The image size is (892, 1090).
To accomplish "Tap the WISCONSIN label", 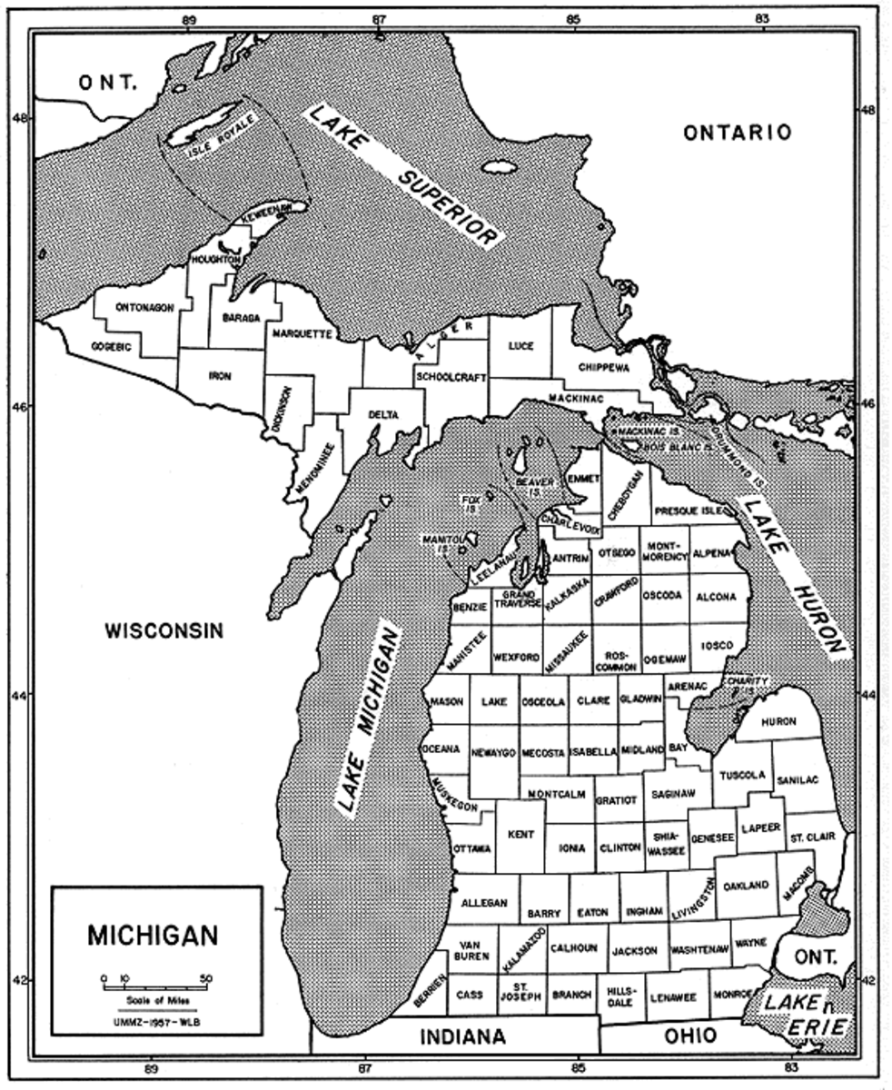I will (163, 629).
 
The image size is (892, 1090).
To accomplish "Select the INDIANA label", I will (461, 1036).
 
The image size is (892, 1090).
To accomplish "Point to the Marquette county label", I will (302, 334).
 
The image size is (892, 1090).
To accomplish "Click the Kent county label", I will (520, 833).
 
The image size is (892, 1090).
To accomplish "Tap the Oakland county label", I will (747, 885).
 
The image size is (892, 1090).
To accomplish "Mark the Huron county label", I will (778, 720).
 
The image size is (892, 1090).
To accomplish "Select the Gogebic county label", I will (112, 348).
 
